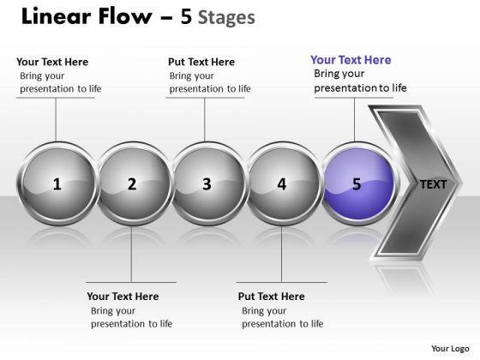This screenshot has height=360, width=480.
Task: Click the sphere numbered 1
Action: (x=57, y=183)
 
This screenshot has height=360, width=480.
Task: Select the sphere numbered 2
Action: (x=133, y=183)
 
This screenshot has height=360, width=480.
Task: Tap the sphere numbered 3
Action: (x=207, y=183)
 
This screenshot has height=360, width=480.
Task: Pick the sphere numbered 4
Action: (x=282, y=183)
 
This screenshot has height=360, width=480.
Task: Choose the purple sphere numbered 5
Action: (x=358, y=183)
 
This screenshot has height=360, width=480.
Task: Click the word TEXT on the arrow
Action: (x=434, y=184)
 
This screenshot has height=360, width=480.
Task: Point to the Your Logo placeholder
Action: (x=450, y=349)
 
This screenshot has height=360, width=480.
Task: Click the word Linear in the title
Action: (x=56, y=16)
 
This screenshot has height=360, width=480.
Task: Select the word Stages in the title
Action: (x=226, y=18)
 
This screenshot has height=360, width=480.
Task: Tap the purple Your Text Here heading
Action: (x=351, y=60)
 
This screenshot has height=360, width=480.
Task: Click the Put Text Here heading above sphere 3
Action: (x=201, y=62)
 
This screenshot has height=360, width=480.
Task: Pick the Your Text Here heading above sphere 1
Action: (x=52, y=62)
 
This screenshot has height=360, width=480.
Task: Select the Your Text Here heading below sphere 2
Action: (x=123, y=297)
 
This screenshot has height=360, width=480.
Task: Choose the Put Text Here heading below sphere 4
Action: (x=272, y=297)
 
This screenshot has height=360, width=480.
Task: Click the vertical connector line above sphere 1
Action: (x=56, y=120)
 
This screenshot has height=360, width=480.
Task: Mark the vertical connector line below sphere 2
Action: (x=132, y=254)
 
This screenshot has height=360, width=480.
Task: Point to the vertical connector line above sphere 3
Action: (x=205, y=120)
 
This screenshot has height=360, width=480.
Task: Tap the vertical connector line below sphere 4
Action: (x=282, y=254)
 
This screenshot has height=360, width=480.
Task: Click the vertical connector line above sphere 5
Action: (x=355, y=120)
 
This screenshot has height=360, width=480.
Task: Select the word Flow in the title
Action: (x=125, y=16)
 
